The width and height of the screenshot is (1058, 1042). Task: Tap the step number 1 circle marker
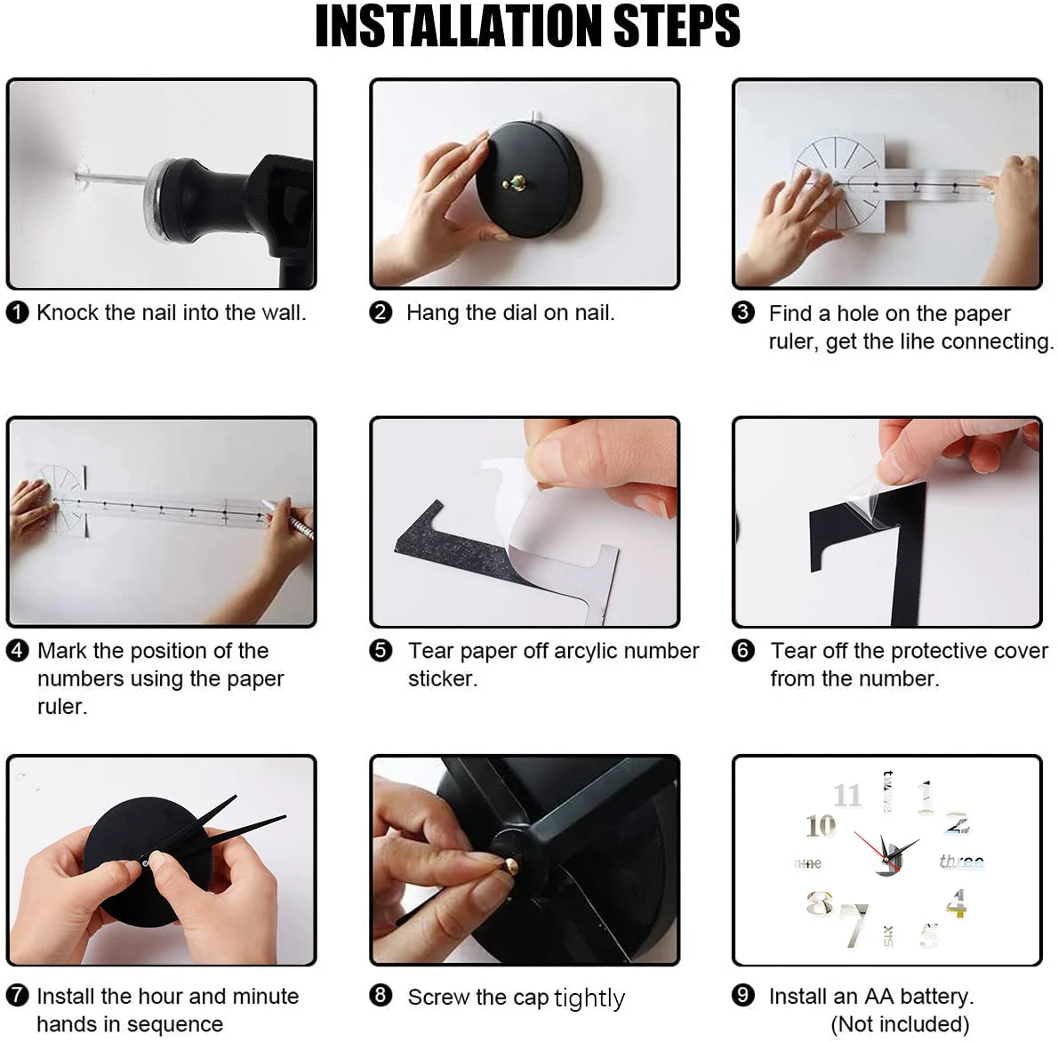tap(17, 313)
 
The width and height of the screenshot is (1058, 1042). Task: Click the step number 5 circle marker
tap(381, 651)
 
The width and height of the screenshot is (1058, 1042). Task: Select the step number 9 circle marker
tap(743, 996)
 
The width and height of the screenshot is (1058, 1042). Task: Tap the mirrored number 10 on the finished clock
tap(821, 826)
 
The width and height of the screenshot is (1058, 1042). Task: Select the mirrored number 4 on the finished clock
tap(956, 903)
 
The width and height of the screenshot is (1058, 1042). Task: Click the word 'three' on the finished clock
tap(961, 861)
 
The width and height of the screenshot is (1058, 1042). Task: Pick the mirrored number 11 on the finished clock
tap(847, 794)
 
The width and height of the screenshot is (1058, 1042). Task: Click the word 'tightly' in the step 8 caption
tap(589, 998)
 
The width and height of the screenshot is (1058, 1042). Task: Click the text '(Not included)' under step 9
tap(900, 1024)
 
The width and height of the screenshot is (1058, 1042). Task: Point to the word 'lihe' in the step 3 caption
tap(916, 341)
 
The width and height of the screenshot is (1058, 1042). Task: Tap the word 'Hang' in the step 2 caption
tap(432, 313)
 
